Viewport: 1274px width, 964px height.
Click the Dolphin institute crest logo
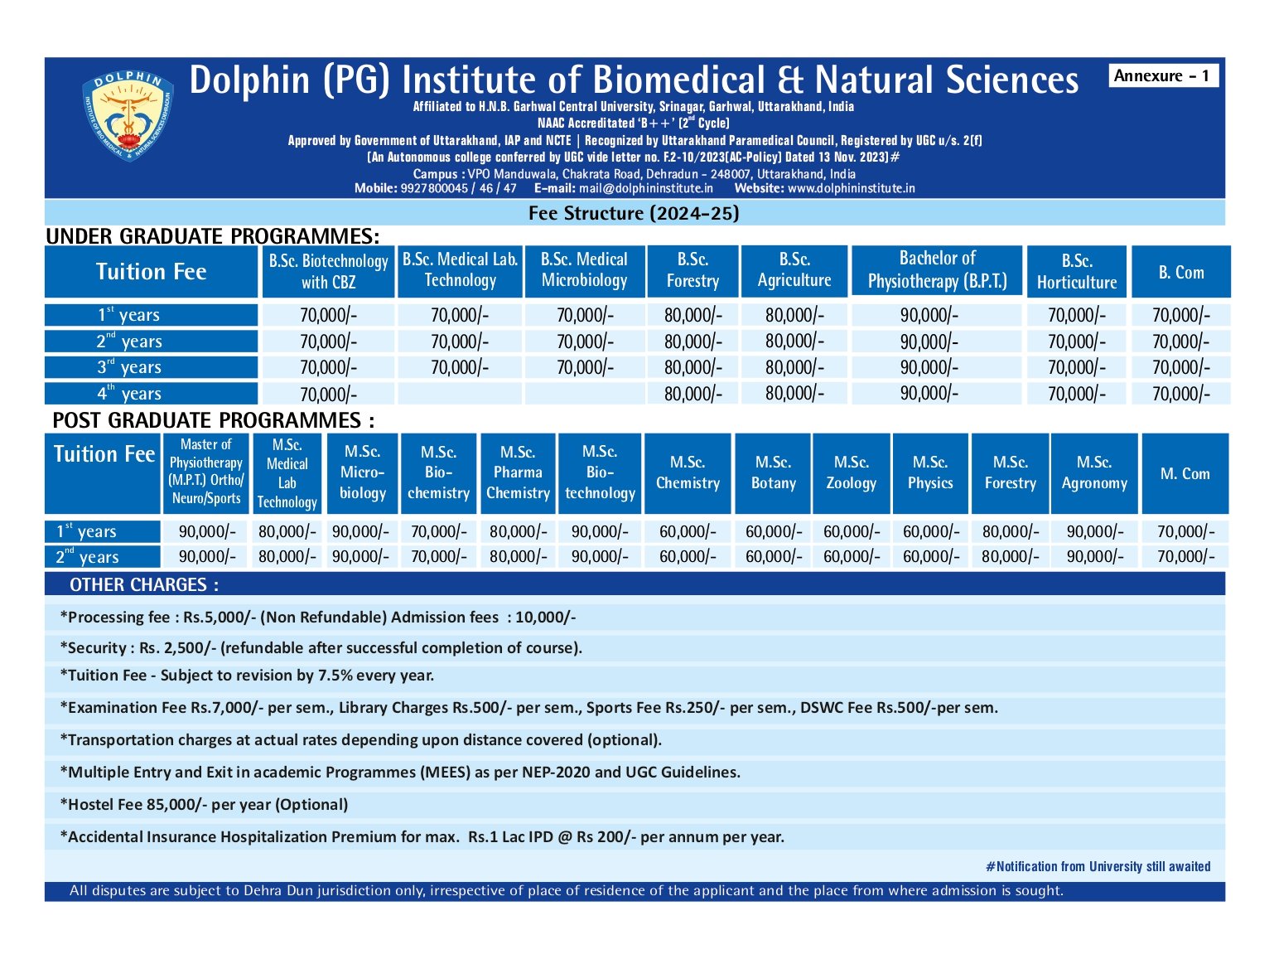(128, 115)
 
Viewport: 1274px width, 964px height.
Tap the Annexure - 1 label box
(1162, 75)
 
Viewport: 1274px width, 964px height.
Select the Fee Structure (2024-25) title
(633, 213)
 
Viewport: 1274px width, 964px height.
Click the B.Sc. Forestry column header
(692, 270)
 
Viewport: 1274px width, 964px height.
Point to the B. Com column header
(1180, 272)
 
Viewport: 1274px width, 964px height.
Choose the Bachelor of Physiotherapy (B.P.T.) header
(936, 270)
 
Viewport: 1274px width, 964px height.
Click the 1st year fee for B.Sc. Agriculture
(794, 315)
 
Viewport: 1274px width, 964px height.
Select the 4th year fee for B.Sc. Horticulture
(1076, 394)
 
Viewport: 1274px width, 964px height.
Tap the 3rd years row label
(151, 367)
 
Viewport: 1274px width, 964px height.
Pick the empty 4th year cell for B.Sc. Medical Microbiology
(585, 393)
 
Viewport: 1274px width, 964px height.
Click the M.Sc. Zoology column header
(851, 472)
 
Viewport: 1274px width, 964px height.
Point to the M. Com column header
(1185, 473)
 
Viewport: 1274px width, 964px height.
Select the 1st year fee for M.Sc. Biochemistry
(438, 531)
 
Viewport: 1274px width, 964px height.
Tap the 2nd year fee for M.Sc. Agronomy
(1094, 556)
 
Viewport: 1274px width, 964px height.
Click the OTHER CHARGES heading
(144, 584)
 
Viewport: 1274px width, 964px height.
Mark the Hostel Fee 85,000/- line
(204, 804)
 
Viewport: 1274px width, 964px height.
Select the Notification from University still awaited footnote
(1098, 866)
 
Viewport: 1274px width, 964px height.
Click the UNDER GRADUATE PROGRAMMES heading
(212, 236)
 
